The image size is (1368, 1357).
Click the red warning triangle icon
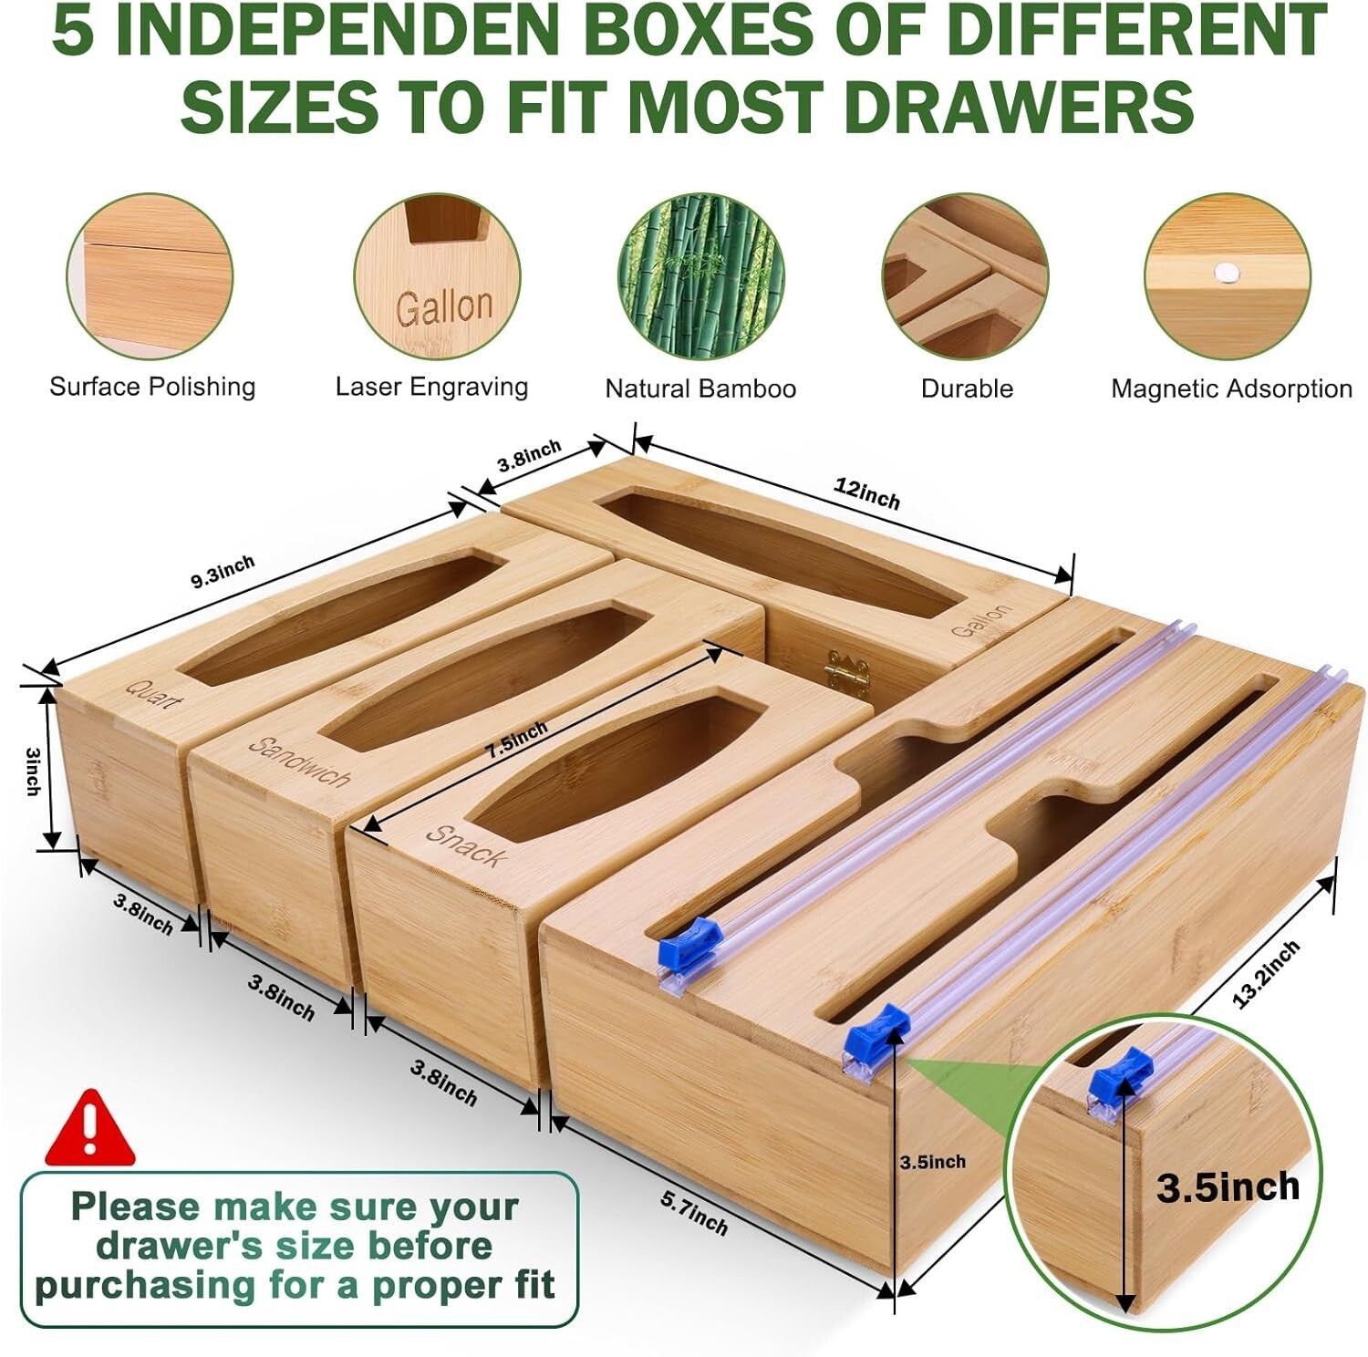click(x=89, y=1131)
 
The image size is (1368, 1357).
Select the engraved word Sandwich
click(x=300, y=761)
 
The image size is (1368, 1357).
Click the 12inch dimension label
click(x=866, y=493)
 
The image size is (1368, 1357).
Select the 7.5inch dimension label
click(x=517, y=740)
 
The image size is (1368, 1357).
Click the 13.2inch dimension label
click(x=1265, y=975)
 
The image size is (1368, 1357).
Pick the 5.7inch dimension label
click(x=694, y=1214)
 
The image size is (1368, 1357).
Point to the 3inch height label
click(x=32, y=772)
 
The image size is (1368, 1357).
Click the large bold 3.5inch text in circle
click(x=1228, y=1187)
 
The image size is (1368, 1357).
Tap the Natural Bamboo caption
click(x=700, y=389)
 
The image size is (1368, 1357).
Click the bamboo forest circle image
click(x=700, y=276)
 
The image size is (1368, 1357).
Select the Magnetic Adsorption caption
click(x=1230, y=389)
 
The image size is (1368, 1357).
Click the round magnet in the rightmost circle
click(x=1228, y=271)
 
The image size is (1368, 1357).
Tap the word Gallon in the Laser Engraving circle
click(x=444, y=306)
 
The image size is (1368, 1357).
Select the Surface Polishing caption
click(x=152, y=387)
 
